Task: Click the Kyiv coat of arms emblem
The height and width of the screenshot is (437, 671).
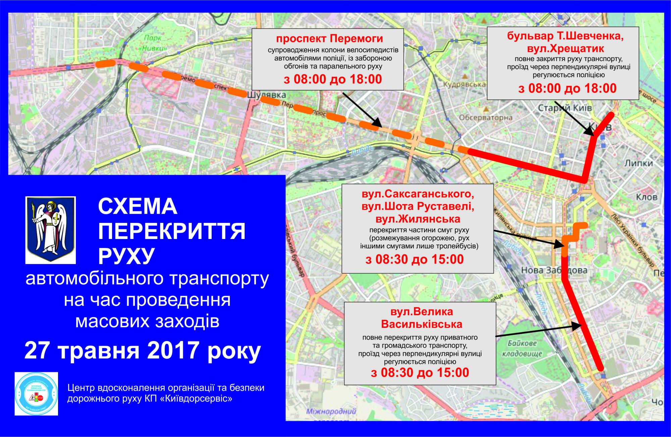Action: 51,230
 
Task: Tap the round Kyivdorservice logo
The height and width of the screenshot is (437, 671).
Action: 36,394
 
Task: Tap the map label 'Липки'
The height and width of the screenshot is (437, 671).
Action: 639,163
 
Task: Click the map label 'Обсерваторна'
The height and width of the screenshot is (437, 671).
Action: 485,118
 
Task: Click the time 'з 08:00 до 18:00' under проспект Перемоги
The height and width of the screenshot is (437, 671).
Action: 332,79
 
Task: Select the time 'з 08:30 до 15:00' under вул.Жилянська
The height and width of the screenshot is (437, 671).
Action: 415,259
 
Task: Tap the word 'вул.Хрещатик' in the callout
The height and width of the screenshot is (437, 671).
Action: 565,48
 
